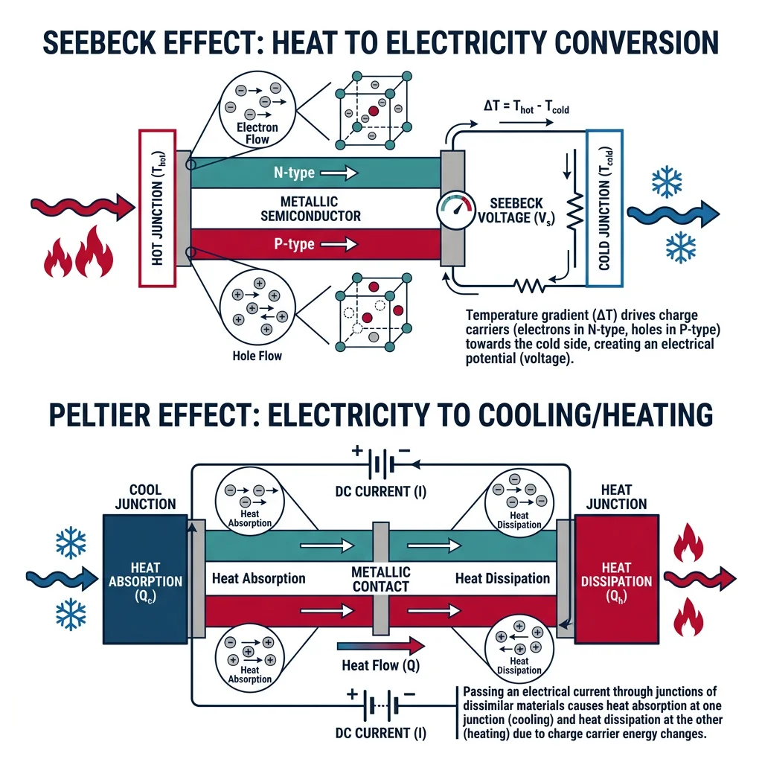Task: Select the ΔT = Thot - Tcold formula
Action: pyautogui.click(x=522, y=109)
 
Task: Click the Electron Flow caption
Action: pyautogui.click(x=257, y=132)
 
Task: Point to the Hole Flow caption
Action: pyautogui.click(x=257, y=356)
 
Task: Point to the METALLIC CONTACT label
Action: pyautogui.click(x=381, y=578)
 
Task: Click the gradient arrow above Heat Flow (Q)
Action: pyautogui.click(x=380, y=646)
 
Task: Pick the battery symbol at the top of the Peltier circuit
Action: pyautogui.click(x=380, y=466)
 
